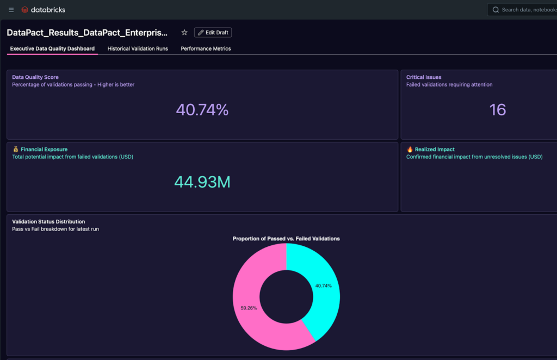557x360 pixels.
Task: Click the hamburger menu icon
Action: [11, 10]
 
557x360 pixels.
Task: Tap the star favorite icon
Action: [184, 33]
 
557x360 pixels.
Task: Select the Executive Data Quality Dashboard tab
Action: [52, 48]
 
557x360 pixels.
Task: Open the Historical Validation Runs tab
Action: [138, 48]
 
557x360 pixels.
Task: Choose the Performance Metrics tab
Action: [206, 48]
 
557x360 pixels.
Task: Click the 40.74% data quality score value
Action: [202, 110]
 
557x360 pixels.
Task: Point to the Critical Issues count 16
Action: [497, 110]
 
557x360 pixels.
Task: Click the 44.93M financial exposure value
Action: [202, 182]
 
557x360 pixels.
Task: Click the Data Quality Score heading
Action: [35, 77]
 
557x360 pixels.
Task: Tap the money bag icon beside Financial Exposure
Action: [16, 149]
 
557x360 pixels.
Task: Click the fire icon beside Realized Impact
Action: [410, 149]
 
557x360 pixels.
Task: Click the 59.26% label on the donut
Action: [249, 308]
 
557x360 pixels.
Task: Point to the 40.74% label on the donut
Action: [323, 285]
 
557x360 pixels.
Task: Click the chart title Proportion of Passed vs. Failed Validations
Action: [286, 239]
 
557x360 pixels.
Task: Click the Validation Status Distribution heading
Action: [48, 221]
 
